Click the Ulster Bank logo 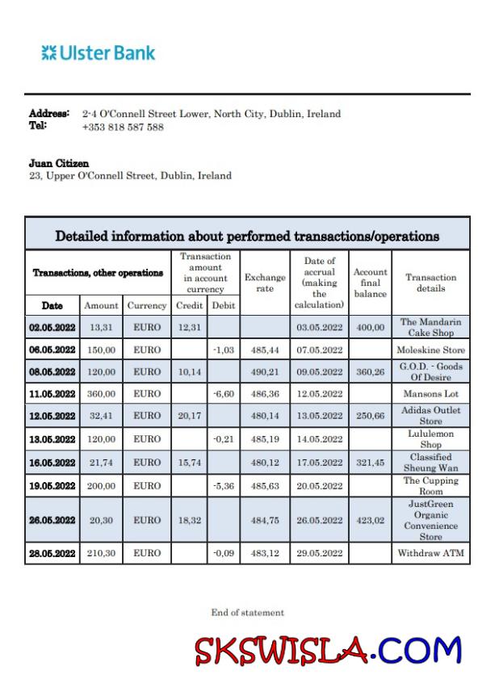click(x=99, y=54)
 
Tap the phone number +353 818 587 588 click(x=123, y=127)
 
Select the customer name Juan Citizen click(x=59, y=163)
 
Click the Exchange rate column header click(x=265, y=283)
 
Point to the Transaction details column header click(x=430, y=283)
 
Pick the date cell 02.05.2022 click(x=52, y=327)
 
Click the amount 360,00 click(x=101, y=393)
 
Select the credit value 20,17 click(x=189, y=416)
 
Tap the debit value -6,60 click(x=223, y=393)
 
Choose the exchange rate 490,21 click(x=265, y=371)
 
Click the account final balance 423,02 click(x=370, y=520)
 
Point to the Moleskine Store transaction click(x=430, y=350)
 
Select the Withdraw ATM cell click(x=430, y=553)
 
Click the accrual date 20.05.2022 click(x=319, y=485)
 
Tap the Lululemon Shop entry click(x=430, y=439)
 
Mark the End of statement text click(x=247, y=613)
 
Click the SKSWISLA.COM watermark click(x=328, y=651)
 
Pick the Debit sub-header click(x=223, y=306)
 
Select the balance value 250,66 click(x=370, y=416)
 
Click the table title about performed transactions click(x=247, y=236)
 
